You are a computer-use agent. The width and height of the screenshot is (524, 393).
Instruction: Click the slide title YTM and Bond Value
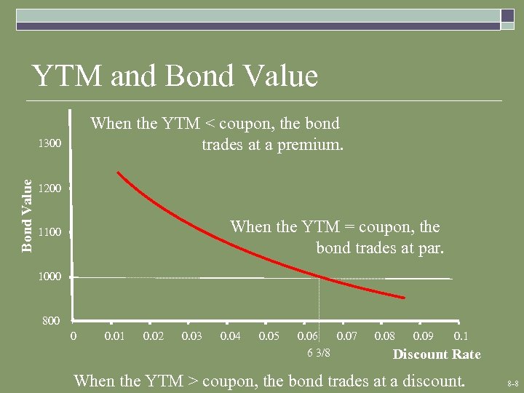pos(175,76)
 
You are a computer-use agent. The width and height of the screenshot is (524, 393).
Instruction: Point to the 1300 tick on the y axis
pos(49,144)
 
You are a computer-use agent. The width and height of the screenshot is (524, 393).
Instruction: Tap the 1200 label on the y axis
pos(49,188)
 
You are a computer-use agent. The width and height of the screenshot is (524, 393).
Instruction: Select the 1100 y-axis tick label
pos(49,233)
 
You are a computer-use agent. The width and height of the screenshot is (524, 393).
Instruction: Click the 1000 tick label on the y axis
pos(49,277)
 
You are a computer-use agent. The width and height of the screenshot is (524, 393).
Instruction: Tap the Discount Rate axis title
pos(437,354)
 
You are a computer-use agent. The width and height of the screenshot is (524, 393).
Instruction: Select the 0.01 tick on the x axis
pos(114,336)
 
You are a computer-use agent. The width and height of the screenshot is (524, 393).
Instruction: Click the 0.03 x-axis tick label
pos(192,336)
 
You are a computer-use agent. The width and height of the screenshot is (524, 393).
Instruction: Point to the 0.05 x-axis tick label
pos(269,336)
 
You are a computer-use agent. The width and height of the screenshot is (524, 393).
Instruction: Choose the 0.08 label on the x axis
pos(385,336)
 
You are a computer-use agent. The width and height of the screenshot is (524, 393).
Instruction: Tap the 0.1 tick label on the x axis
pos(461,336)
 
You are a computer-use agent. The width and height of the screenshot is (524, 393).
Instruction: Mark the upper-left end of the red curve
pos(118,173)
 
